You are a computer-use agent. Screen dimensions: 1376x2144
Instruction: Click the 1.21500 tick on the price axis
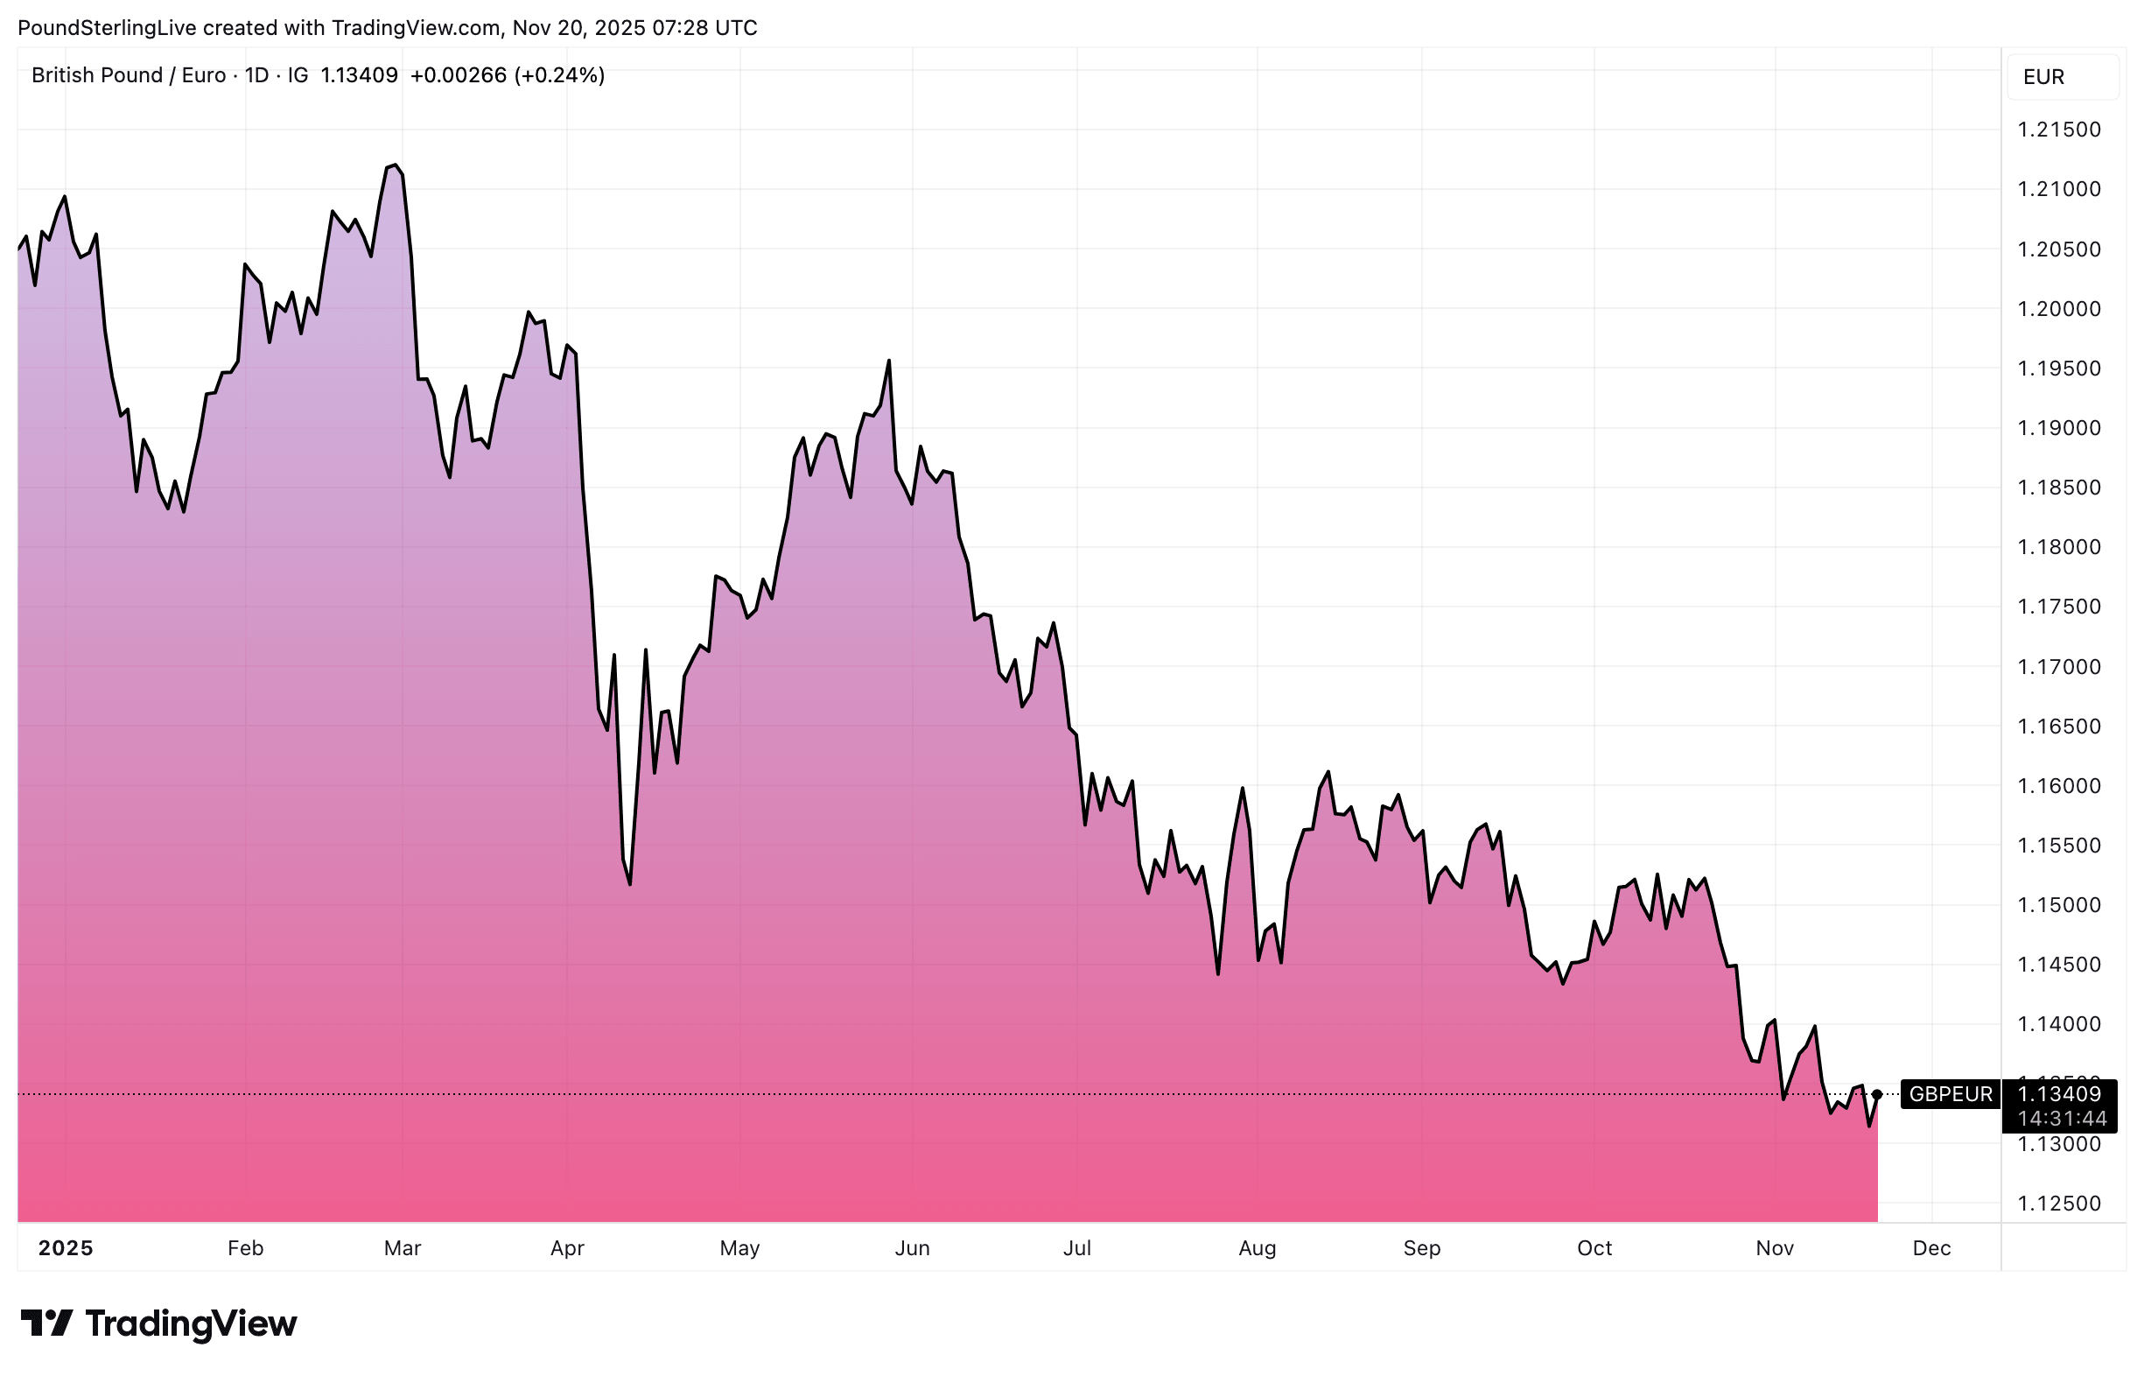coord(2058,130)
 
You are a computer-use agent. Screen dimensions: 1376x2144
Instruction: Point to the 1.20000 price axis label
coord(2058,309)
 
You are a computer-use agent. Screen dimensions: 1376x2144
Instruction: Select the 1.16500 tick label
coord(2058,727)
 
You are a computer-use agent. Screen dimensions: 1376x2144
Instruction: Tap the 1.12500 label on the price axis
coord(2058,1204)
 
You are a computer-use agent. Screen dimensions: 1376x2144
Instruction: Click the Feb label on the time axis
coord(246,1248)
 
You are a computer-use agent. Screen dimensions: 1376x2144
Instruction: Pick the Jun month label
coord(912,1248)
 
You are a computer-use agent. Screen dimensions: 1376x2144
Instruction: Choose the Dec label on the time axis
coord(1931,1248)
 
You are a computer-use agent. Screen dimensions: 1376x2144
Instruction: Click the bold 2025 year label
coord(66,1248)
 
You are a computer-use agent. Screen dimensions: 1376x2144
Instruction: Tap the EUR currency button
coord(2044,77)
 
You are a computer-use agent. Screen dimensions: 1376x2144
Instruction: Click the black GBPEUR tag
coord(1950,1094)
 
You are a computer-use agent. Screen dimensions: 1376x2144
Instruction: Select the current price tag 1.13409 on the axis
coord(2058,1093)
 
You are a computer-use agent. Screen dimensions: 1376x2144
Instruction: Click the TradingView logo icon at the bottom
coord(46,1323)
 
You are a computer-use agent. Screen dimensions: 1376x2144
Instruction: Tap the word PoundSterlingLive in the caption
coord(106,28)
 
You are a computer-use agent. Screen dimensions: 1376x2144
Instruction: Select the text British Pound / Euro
coord(129,75)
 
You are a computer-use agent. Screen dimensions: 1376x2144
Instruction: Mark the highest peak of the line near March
coord(394,165)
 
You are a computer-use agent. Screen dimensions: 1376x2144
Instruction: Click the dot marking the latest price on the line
coord(1877,1094)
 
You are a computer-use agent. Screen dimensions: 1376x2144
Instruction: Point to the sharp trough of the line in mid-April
coord(630,885)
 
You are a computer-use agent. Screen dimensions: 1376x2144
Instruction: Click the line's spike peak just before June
coord(889,361)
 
